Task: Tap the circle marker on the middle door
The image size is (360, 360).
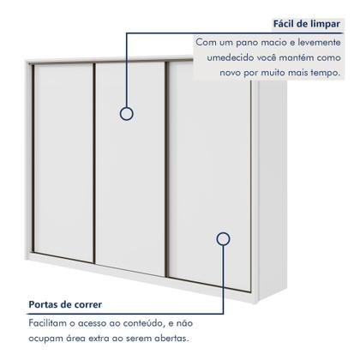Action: point(126,113)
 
